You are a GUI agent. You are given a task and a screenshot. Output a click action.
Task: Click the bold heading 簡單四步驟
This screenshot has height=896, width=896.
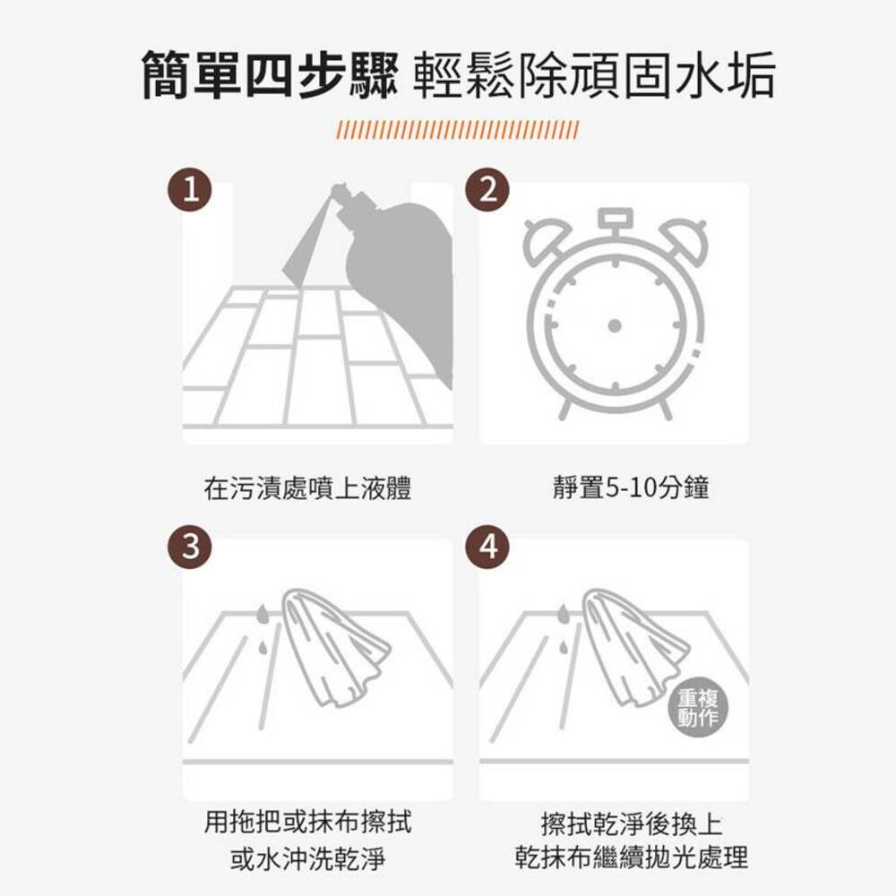(x=269, y=75)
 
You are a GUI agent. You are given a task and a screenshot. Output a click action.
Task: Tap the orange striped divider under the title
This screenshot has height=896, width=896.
(x=457, y=130)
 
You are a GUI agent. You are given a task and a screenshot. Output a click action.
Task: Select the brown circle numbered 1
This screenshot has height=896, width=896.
(x=189, y=190)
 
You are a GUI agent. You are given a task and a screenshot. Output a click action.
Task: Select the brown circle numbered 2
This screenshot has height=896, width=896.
(x=487, y=190)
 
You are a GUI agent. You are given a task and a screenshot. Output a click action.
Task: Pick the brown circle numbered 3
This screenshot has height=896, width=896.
(x=189, y=546)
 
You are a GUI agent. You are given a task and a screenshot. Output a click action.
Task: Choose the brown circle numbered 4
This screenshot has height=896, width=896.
(x=487, y=546)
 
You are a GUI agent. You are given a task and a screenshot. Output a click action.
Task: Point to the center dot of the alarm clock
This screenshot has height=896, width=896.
(x=614, y=324)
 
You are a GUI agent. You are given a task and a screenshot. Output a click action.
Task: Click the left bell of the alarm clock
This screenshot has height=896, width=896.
(x=547, y=235)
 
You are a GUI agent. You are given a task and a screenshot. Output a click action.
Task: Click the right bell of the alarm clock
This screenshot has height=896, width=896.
(x=680, y=235)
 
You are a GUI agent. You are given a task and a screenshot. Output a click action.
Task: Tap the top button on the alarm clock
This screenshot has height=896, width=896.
(x=614, y=218)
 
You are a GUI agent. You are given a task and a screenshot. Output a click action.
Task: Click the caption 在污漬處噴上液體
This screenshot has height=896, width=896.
(x=307, y=489)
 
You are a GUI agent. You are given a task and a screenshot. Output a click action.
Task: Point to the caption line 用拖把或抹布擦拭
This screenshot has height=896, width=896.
(x=307, y=822)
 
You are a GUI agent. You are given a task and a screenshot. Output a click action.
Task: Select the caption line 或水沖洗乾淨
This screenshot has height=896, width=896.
(x=307, y=859)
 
